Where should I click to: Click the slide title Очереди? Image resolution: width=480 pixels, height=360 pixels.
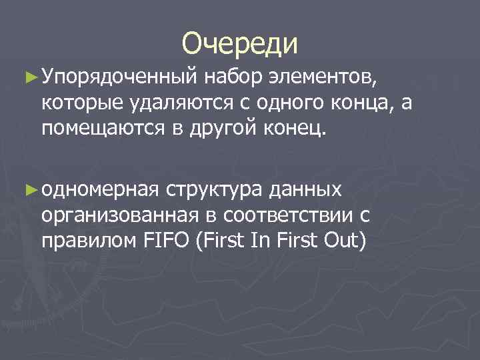pyautogui.click(x=239, y=43)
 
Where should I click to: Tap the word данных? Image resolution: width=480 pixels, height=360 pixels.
pyautogui.click(x=306, y=191)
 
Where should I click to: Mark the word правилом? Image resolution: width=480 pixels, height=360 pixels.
pyautogui.click(x=89, y=238)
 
